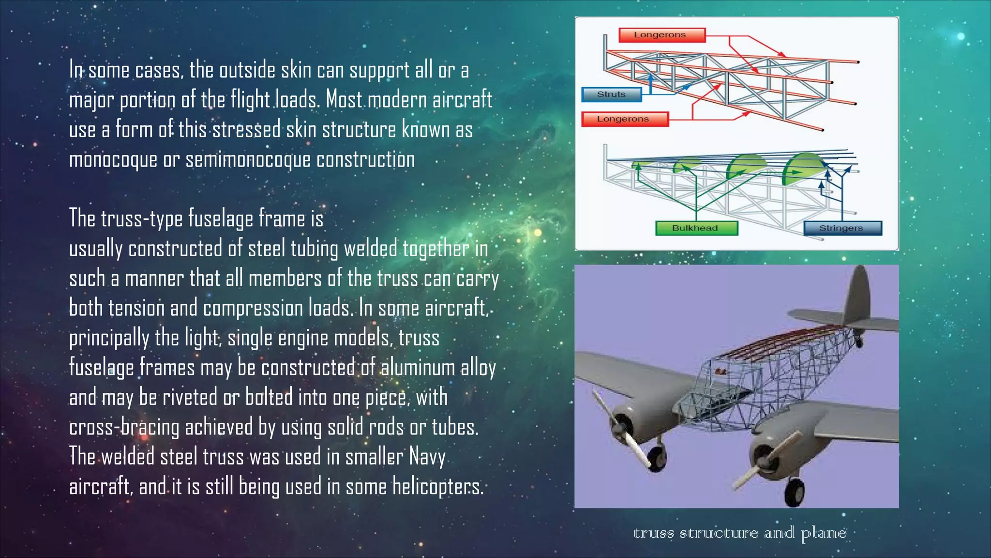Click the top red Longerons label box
[661, 35]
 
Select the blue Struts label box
[612, 94]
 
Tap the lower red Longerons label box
[624, 119]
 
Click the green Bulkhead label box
[696, 228]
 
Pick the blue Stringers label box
[842, 228]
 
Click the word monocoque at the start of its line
[113, 160]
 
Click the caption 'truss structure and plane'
[739, 533]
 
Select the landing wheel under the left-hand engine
[656, 457]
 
